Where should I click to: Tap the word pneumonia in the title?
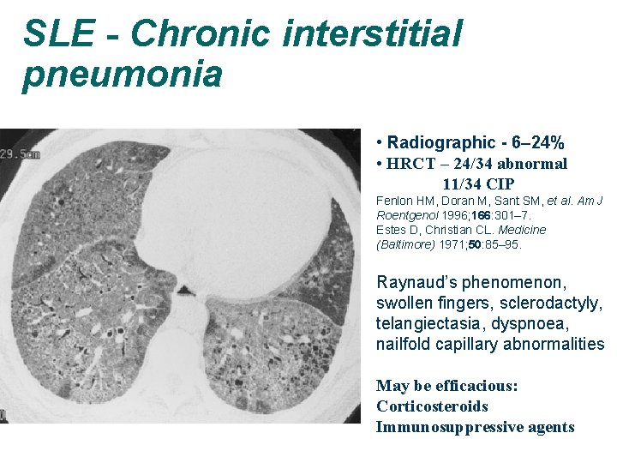(123, 75)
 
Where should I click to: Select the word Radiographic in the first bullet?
(442, 143)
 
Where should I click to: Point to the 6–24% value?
(539, 143)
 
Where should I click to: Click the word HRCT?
(410, 164)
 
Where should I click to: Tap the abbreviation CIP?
(500, 183)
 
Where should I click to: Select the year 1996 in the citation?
(455, 215)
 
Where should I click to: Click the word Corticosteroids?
(433, 406)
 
